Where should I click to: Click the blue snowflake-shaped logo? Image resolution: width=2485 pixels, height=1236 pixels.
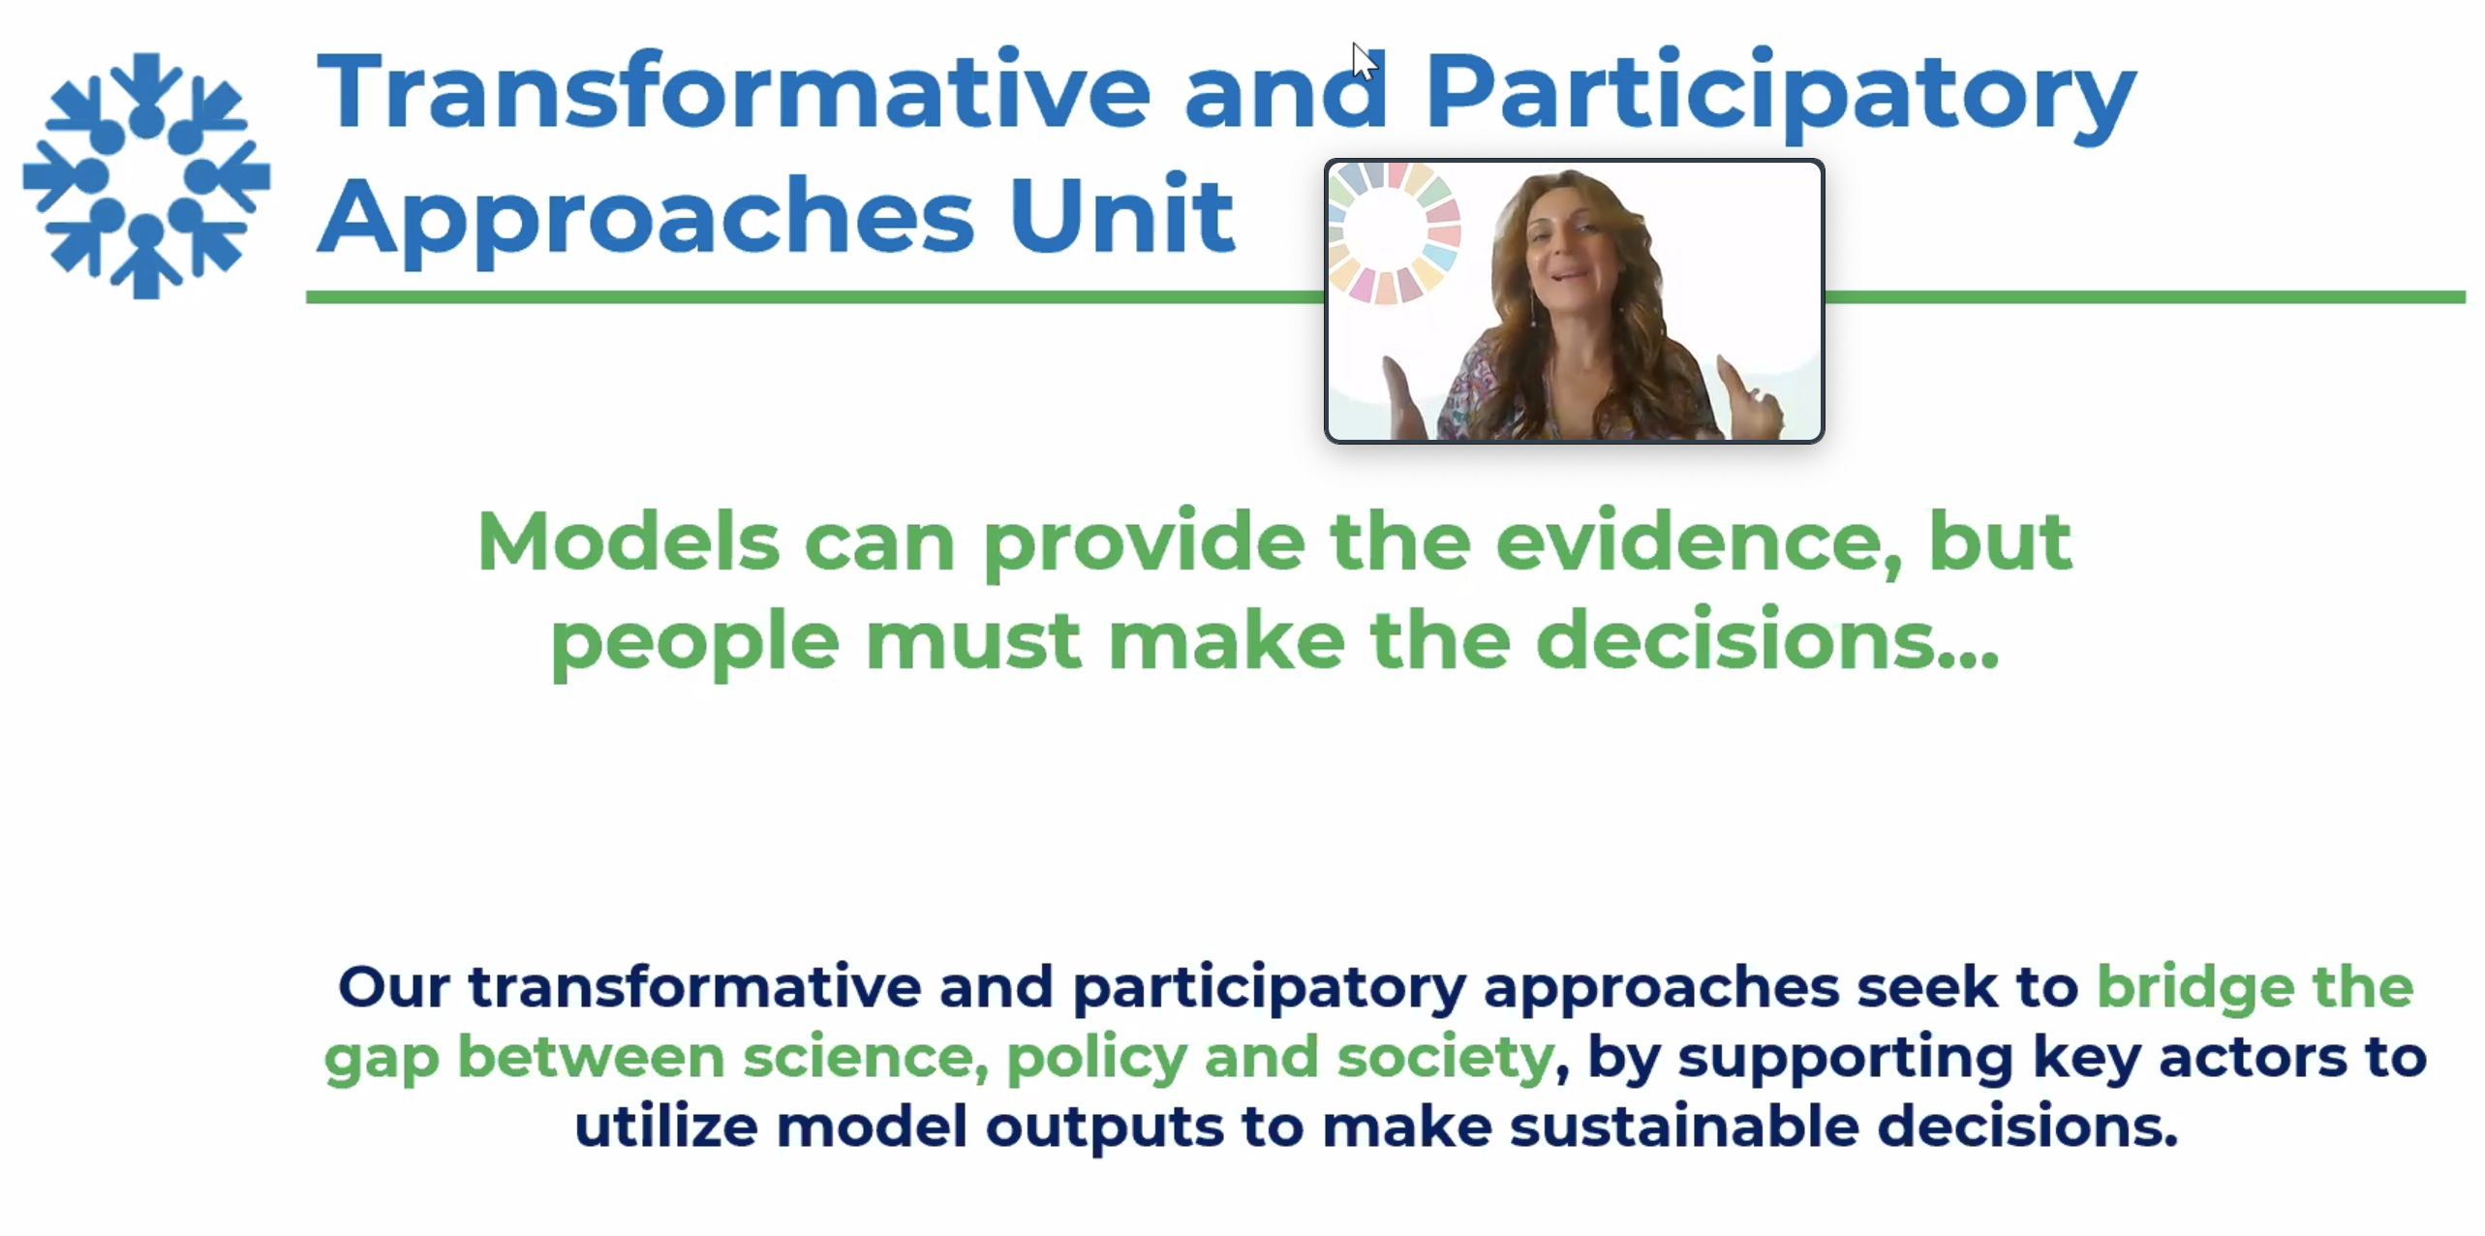[x=146, y=175]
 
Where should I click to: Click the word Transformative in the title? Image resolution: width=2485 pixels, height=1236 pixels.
[x=734, y=91]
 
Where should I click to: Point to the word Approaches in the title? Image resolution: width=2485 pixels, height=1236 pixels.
[x=646, y=220]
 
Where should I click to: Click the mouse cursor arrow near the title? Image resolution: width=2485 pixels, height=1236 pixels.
[x=1365, y=62]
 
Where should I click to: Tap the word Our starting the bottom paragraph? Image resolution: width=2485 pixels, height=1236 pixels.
[x=393, y=986]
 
